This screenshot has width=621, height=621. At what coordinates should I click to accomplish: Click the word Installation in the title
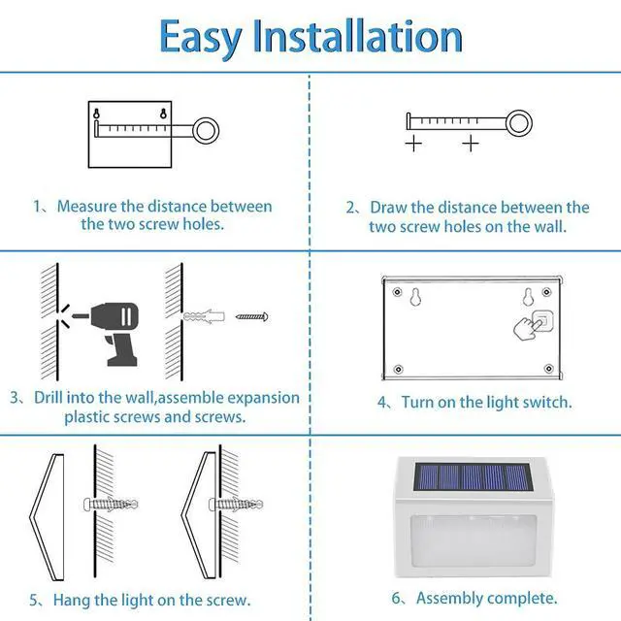(358, 36)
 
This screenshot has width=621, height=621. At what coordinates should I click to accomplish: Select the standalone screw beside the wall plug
(252, 316)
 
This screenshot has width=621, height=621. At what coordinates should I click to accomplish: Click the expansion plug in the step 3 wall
(204, 316)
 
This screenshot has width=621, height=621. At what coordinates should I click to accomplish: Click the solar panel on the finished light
(473, 476)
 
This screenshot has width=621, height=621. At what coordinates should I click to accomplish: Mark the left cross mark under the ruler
(413, 144)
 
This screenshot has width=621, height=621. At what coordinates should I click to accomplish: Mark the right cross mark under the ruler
(471, 144)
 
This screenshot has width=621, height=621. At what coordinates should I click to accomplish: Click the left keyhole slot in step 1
(96, 114)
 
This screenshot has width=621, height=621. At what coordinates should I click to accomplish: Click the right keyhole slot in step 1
(163, 114)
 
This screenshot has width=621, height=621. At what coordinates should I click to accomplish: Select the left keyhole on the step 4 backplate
(415, 297)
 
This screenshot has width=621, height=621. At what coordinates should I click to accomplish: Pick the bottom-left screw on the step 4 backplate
(398, 369)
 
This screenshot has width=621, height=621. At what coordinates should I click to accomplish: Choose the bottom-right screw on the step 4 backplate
(548, 369)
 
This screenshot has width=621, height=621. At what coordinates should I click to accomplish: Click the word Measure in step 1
(87, 207)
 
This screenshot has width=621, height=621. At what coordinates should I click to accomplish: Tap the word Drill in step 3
(49, 397)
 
